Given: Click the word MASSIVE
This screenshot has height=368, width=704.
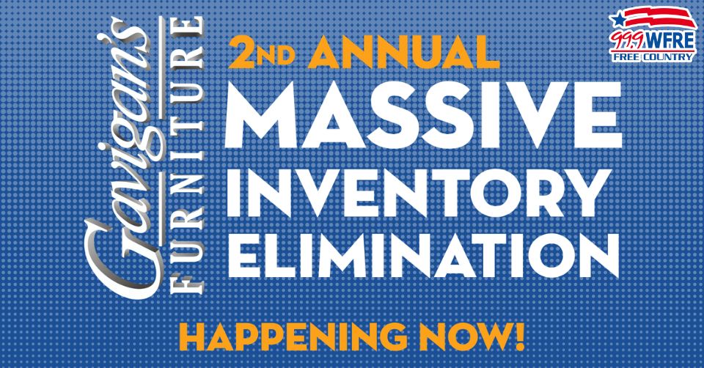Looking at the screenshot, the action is pos(423,115).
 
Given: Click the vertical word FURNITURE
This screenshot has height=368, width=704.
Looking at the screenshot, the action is pos(187,155).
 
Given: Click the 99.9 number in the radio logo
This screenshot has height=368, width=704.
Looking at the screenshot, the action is pos(627,41).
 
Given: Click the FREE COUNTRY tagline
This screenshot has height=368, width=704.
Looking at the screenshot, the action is pos(653,57).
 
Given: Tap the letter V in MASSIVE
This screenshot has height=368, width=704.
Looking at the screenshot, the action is pos(533,115).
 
